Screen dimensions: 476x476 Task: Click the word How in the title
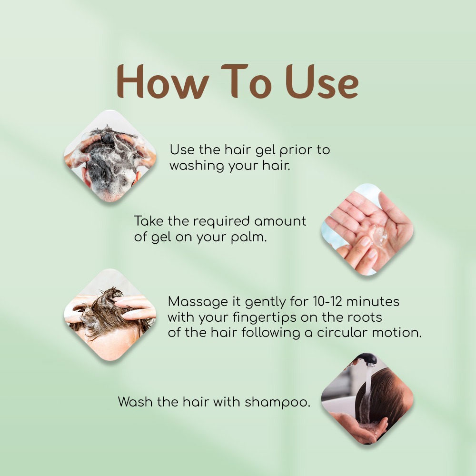[163, 82]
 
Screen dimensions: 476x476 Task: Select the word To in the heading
[247, 81]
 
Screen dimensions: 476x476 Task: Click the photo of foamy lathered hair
[110, 156]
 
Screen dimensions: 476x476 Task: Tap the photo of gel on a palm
[367, 229]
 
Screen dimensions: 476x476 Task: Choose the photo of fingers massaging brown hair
[110, 315]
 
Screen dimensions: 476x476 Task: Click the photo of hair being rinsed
[367, 399]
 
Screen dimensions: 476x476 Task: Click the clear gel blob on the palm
[379, 236]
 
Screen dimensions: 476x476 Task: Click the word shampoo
[278, 402]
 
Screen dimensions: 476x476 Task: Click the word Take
[149, 221]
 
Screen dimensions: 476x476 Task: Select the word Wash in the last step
[135, 402]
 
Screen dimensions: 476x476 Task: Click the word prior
[296, 150]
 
